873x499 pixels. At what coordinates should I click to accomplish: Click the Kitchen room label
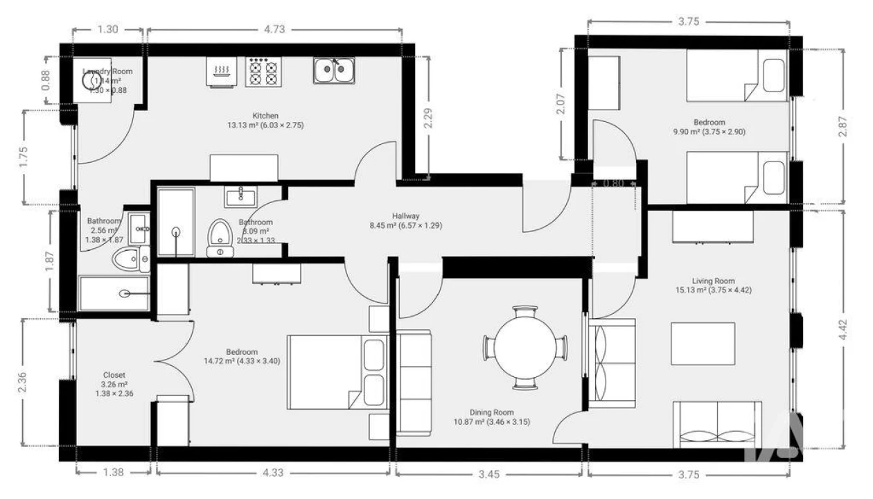click(265, 116)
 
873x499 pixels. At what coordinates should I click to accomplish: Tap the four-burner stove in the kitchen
click(263, 71)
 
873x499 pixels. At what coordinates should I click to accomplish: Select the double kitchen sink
click(334, 70)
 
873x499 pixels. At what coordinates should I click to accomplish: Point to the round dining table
click(525, 347)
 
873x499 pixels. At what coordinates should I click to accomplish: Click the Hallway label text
click(405, 216)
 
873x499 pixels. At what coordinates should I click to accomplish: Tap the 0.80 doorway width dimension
click(613, 184)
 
